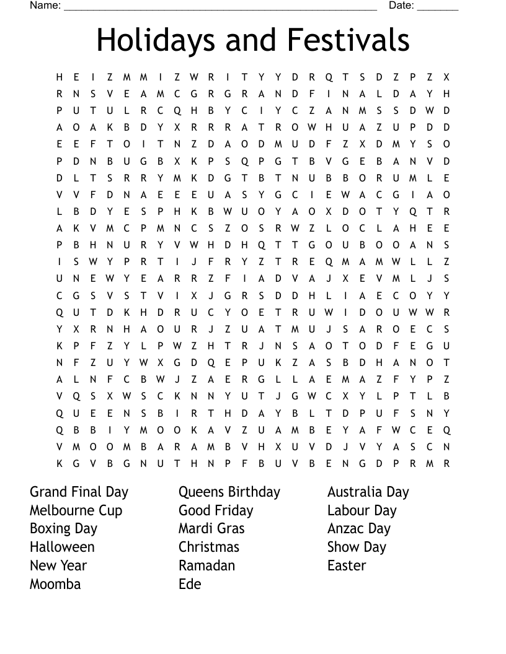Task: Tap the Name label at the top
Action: [45, 6]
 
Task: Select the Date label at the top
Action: [401, 6]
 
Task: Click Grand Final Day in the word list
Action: [79, 492]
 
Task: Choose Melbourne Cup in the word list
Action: [76, 511]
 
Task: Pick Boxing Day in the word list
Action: [63, 529]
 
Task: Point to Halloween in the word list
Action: [62, 547]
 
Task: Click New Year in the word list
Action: [58, 565]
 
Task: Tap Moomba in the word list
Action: [55, 584]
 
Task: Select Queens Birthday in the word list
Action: [229, 492]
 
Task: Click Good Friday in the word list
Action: [216, 511]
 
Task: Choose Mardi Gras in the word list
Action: [211, 529]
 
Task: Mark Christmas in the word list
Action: [209, 547]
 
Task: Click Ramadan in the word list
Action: [206, 565]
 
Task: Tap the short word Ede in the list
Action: [190, 584]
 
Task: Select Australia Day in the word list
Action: [368, 492]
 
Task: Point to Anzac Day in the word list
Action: [359, 529]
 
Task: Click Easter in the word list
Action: [347, 565]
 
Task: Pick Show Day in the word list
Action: [357, 547]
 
